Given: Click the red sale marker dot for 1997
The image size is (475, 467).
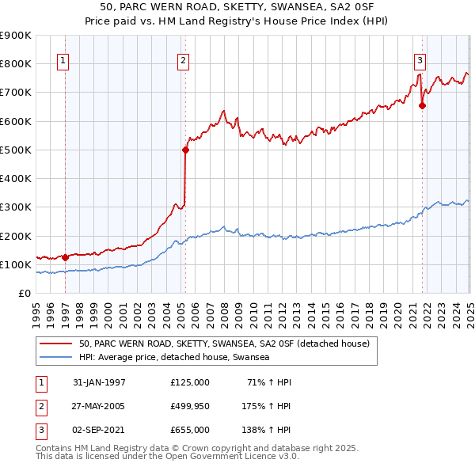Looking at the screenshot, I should [x=65, y=257].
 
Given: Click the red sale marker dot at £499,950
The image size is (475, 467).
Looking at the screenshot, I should [x=185, y=150].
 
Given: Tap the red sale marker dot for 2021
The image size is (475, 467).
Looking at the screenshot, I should [x=422, y=104].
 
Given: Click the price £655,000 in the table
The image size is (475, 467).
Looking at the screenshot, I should [x=189, y=430].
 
